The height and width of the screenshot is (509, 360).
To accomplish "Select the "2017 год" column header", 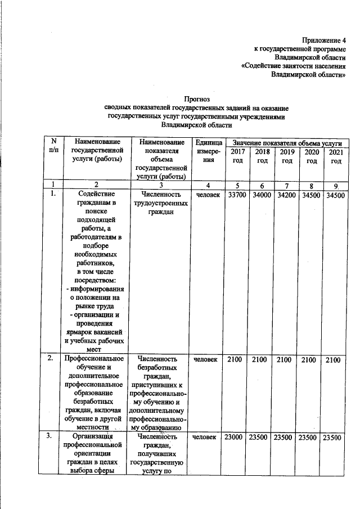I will tap(237, 157).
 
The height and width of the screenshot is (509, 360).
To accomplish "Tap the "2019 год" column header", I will tap(287, 157).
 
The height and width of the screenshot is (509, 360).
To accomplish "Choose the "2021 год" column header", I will tap(336, 157).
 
